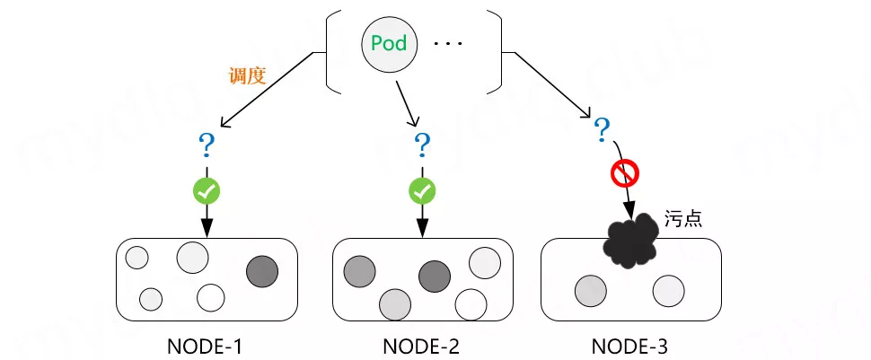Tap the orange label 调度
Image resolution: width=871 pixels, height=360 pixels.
click(247, 75)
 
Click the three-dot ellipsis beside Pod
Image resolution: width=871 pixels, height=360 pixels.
click(446, 43)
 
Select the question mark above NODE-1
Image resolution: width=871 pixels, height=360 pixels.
click(207, 144)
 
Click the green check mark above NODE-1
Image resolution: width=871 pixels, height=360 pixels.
click(207, 190)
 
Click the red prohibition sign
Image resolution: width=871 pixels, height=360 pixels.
click(624, 173)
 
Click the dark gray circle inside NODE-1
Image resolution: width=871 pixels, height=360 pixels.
click(262, 270)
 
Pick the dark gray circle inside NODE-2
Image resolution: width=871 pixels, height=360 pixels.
click(434, 276)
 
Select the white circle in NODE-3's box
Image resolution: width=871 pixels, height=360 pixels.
click(669, 292)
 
